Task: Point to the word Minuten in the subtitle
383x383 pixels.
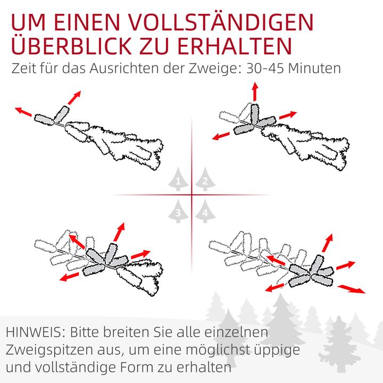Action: pyautogui.click(x=315, y=69)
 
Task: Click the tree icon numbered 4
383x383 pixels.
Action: pyautogui.click(x=204, y=211)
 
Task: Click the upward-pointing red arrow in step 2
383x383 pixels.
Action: pyautogui.click(x=255, y=91)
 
